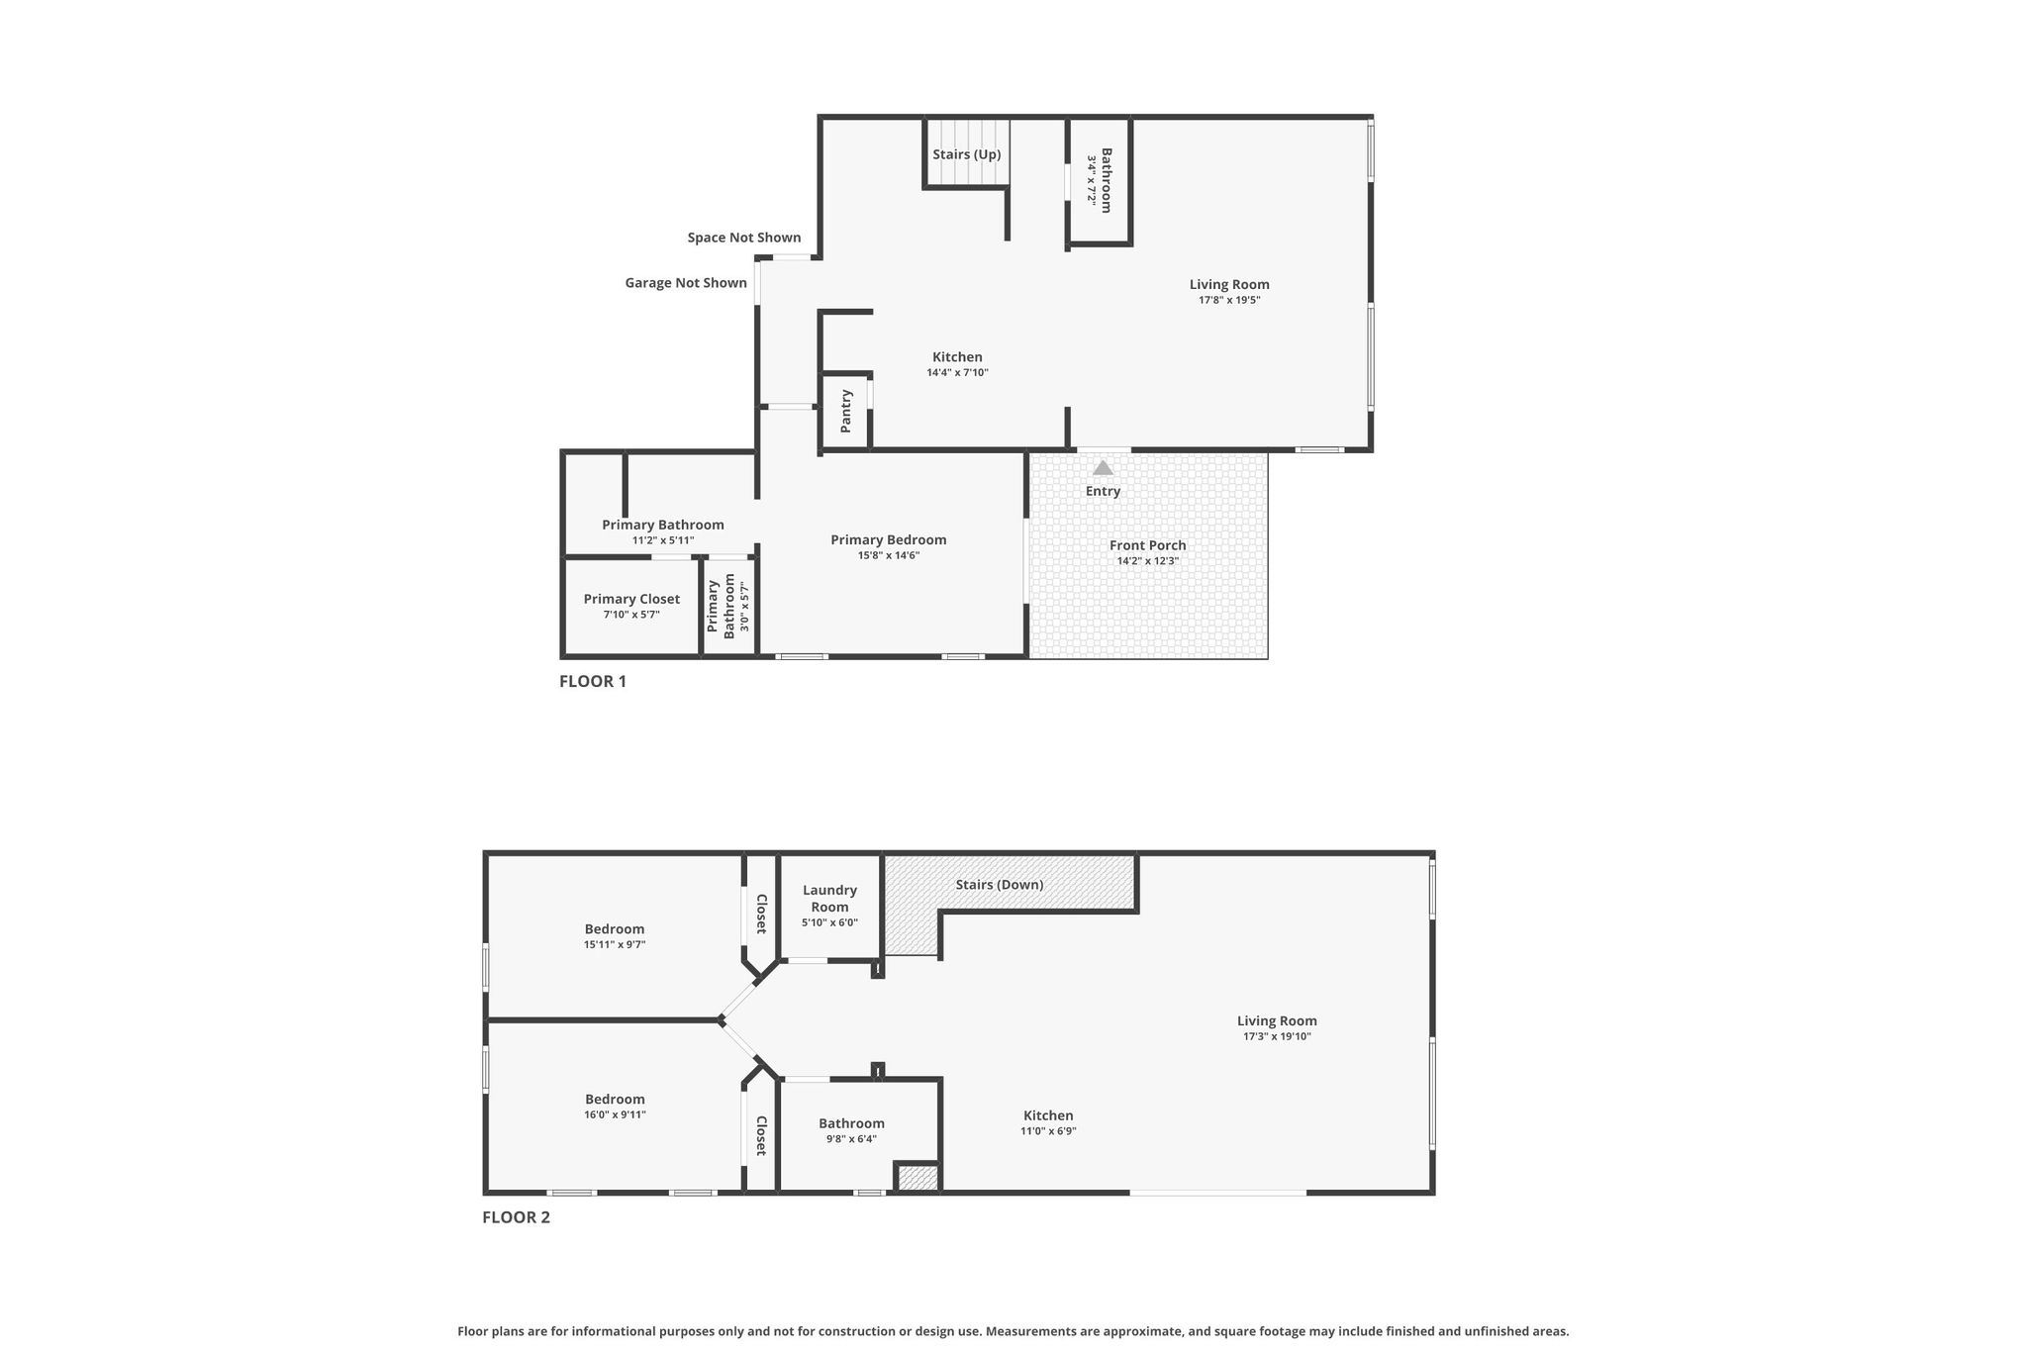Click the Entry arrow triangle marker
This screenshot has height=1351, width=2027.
(1103, 467)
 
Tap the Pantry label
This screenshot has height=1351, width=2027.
(846, 411)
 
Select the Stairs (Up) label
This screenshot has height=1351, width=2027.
(967, 154)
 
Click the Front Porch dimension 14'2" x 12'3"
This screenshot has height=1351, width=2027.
(1148, 561)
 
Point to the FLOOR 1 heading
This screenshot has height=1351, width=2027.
(593, 681)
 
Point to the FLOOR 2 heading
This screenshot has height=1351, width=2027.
(516, 1217)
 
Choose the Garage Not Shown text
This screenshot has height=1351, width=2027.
(686, 283)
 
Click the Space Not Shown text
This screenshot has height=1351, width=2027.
(744, 238)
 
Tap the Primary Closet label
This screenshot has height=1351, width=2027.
(631, 599)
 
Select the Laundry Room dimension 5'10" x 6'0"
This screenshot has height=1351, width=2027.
(829, 922)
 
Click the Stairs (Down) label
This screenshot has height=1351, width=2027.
(1000, 885)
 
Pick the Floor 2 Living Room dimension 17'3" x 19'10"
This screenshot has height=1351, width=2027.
(1278, 1037)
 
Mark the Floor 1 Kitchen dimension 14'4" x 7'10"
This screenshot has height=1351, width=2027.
(957, 373)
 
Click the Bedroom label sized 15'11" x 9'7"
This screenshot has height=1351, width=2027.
(615, 929)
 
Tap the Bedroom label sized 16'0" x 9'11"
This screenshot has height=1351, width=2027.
(615, 1100)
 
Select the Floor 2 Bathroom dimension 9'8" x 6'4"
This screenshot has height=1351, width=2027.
(851, 1139)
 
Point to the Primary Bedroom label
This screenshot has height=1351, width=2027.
(889, 539)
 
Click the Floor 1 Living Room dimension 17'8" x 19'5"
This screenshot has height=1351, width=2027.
(1229, 300)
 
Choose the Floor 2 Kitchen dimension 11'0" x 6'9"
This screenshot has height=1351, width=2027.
(1048, 1131)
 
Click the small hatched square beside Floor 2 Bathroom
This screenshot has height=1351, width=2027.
(918, 1178)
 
